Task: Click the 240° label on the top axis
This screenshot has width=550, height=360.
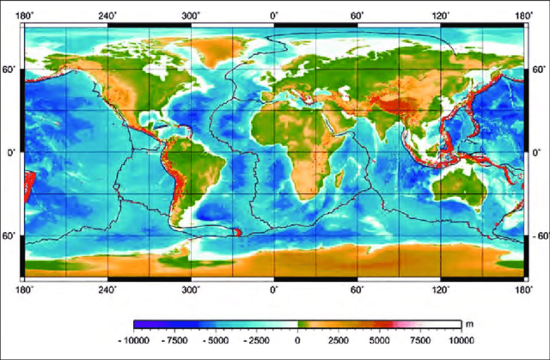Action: click(x=108, y=15)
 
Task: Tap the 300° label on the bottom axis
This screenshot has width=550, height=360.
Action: click(x=191, y=290)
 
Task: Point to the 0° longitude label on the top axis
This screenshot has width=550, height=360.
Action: click(x=274, y=15)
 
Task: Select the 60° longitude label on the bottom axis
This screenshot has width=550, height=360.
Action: click(x=357, y=290)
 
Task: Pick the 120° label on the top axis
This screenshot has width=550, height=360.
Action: click(x=441, y=15)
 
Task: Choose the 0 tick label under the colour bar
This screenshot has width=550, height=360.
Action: click(x=297, y=340)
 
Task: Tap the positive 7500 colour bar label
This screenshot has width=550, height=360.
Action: click(x=417, y=340)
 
